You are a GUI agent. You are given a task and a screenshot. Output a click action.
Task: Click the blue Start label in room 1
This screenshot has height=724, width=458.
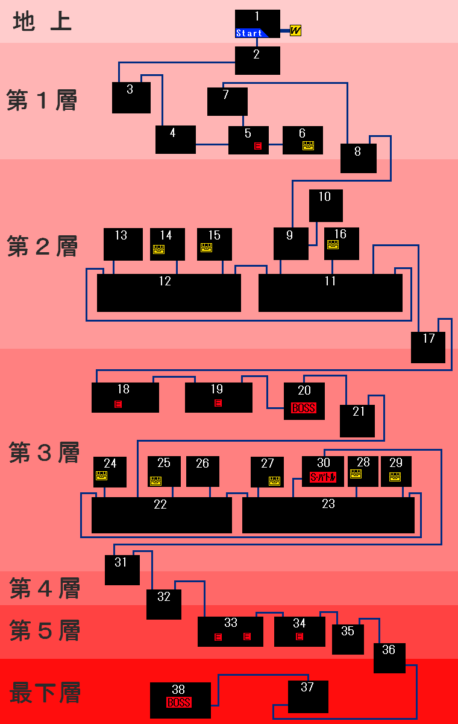point(250,33)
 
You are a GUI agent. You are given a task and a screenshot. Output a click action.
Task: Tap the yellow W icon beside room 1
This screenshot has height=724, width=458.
point(295,30)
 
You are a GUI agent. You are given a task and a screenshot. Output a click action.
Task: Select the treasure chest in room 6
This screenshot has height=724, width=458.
point(308,145)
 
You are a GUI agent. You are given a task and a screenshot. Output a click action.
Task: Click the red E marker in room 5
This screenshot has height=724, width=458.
point(258,146)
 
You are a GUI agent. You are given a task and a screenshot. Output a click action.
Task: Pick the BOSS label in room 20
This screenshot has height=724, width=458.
point(303,408)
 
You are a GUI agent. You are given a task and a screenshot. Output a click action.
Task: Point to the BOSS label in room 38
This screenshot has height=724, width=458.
point(179,703)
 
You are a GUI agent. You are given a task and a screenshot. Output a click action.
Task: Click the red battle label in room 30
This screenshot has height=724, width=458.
point(322,477)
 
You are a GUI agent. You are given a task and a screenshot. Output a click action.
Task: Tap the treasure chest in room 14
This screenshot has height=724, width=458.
point(158,249)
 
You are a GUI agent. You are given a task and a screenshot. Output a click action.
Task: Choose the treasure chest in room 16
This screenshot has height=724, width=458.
point(333,245)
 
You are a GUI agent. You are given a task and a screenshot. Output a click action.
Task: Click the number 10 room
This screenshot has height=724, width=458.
point(325,205)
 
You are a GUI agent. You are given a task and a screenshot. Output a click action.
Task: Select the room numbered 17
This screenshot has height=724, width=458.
point(428,347)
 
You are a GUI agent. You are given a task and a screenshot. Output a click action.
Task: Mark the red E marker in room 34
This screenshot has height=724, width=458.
point(300,637)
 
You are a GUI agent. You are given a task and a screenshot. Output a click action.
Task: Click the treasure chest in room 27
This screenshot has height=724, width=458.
point(274,481)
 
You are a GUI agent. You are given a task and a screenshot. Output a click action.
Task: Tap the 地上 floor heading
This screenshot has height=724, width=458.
point(42,22)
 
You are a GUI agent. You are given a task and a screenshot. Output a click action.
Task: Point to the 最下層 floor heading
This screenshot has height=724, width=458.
point(45,692)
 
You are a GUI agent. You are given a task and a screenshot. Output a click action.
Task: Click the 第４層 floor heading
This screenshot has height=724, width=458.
point(45,588)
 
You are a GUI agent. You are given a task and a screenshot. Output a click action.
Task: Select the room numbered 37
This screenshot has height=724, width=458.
point(308,696)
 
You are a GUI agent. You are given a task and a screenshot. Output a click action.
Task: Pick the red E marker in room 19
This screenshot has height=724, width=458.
point(218,403)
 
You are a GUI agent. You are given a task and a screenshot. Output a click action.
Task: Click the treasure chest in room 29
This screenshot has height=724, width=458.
point(395,477)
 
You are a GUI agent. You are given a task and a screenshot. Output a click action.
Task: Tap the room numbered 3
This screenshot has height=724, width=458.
point(131,97)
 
